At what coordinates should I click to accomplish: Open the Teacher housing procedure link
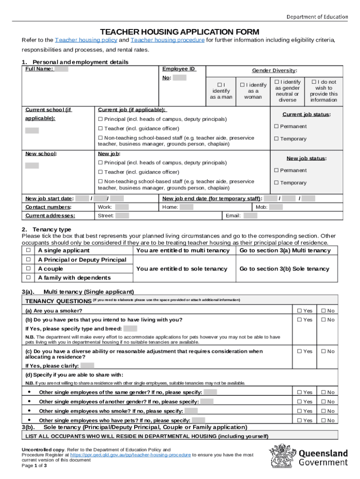coord(167,40)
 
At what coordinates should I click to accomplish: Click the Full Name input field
coord(62,69)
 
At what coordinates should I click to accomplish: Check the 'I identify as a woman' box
coord(243,85)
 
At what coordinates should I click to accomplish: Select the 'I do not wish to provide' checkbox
coord(314,81)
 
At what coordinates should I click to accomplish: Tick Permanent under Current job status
coord(276,126)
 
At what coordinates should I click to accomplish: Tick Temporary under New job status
coord(276,183)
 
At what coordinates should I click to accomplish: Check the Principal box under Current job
coord(100,119)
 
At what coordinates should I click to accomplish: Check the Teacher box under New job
coord(100,172)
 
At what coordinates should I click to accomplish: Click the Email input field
coord(250,216)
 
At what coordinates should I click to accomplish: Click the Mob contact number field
coord(276,207)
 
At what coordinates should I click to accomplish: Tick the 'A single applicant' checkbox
coord(29,250)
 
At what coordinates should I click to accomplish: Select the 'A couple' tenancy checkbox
coord(29,269)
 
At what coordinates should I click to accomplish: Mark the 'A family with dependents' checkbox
coord(29,277)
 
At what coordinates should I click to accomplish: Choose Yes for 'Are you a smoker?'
coord(299,311)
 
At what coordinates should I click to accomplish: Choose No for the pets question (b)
coord(323,320)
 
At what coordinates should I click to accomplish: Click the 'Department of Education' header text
coord(317,17)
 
